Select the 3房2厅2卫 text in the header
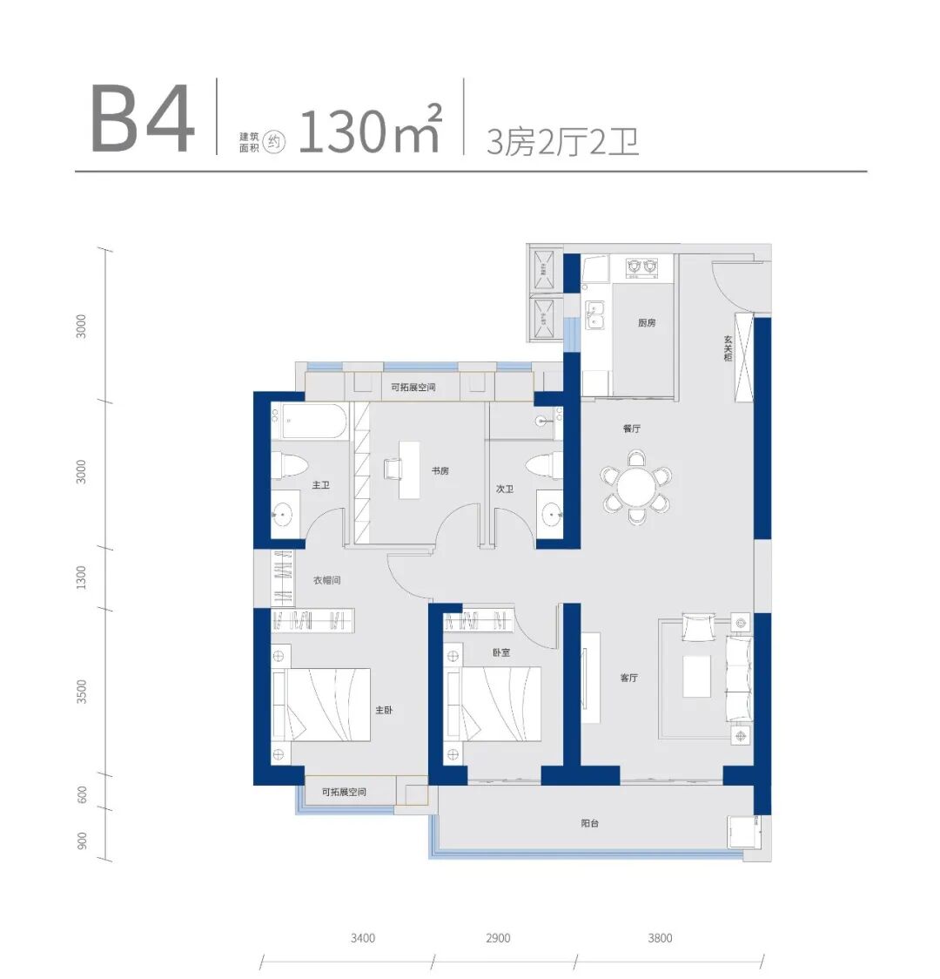click(x=562, y=142)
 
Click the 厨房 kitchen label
click(x=647, y=323)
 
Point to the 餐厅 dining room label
click(x=631, y=429)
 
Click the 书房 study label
click(x=440, y=470)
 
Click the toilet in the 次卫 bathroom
click(x=542, y=466)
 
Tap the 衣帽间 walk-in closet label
click(x=327, y=580)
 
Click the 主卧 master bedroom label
click(x=384, y=710)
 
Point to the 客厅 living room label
click(x=629, y=678)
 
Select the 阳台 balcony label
click(x=589, y=824)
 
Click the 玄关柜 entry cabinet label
click(x=728, y=348)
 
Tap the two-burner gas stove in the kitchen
click(x=642, y=267)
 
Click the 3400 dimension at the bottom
click(x=362, y=938)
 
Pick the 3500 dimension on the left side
click(x=81, y=692)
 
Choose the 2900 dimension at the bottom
click(x=498, y=938)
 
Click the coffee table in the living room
click(x=697, y=676)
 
